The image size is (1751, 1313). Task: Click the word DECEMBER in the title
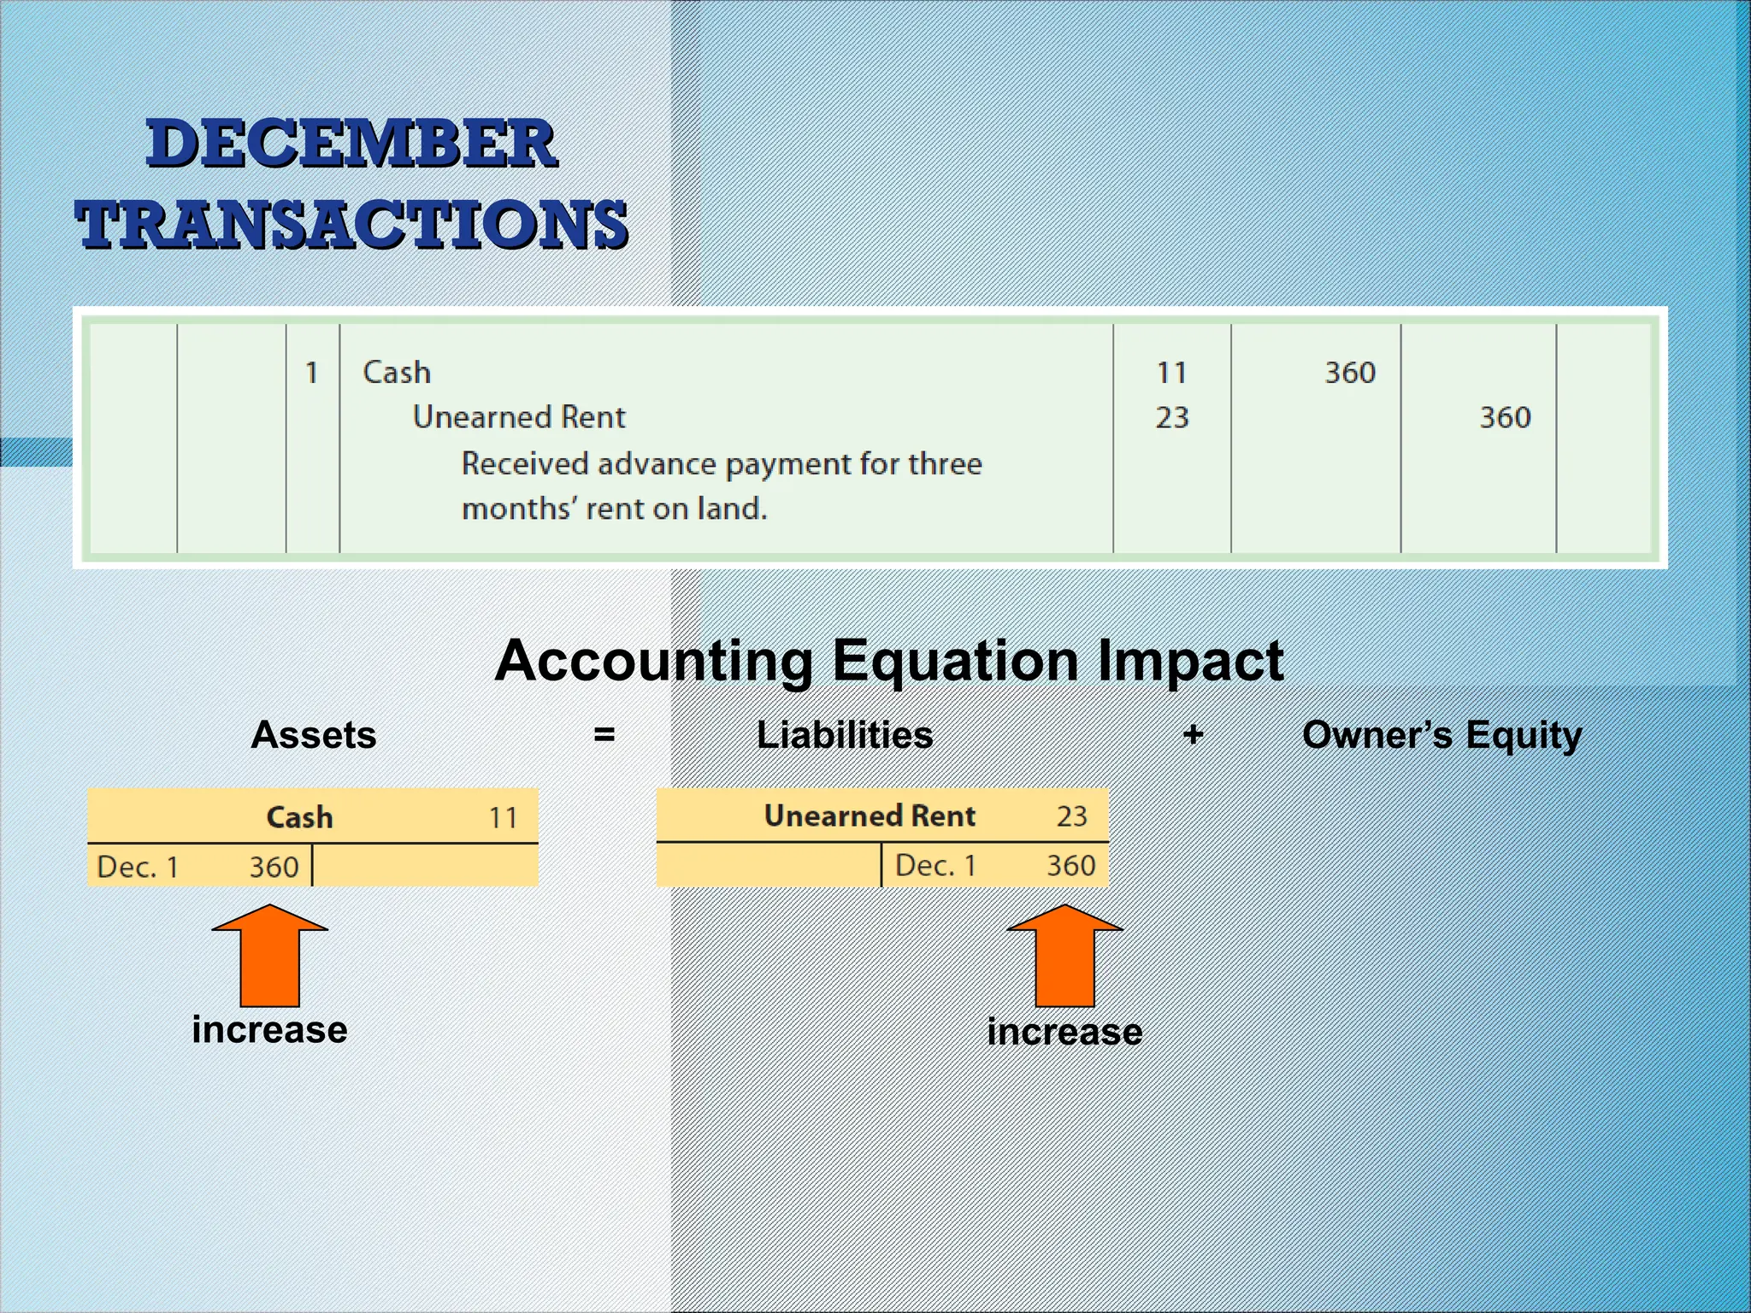pos(351,144)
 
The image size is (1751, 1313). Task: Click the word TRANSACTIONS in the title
pos(351,224)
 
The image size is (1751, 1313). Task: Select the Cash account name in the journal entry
pos(397,373)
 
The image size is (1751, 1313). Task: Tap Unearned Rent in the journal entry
pos(519,417)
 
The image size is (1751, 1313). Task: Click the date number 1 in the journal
pos(312,373)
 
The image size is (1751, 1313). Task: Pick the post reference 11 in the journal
pos(1171,373)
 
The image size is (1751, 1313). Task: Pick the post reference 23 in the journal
pos(1171,418)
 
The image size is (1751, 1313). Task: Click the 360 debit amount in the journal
pos(1350,373)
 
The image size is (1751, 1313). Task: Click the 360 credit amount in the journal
pos(1505,418)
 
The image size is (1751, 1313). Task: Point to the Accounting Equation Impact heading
pos(889,661)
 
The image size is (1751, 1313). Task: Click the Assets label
pos(314,735)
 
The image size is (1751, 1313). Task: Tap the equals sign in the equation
pos(604,735)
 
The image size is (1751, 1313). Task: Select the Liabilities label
pos(845,735)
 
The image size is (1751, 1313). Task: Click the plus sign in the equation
pos(1194,734)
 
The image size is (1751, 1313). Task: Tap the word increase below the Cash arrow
pos(270,1030)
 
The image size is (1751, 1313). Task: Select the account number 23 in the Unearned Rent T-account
pos(1071,816)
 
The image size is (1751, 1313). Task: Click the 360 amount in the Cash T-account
pos(274,868)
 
